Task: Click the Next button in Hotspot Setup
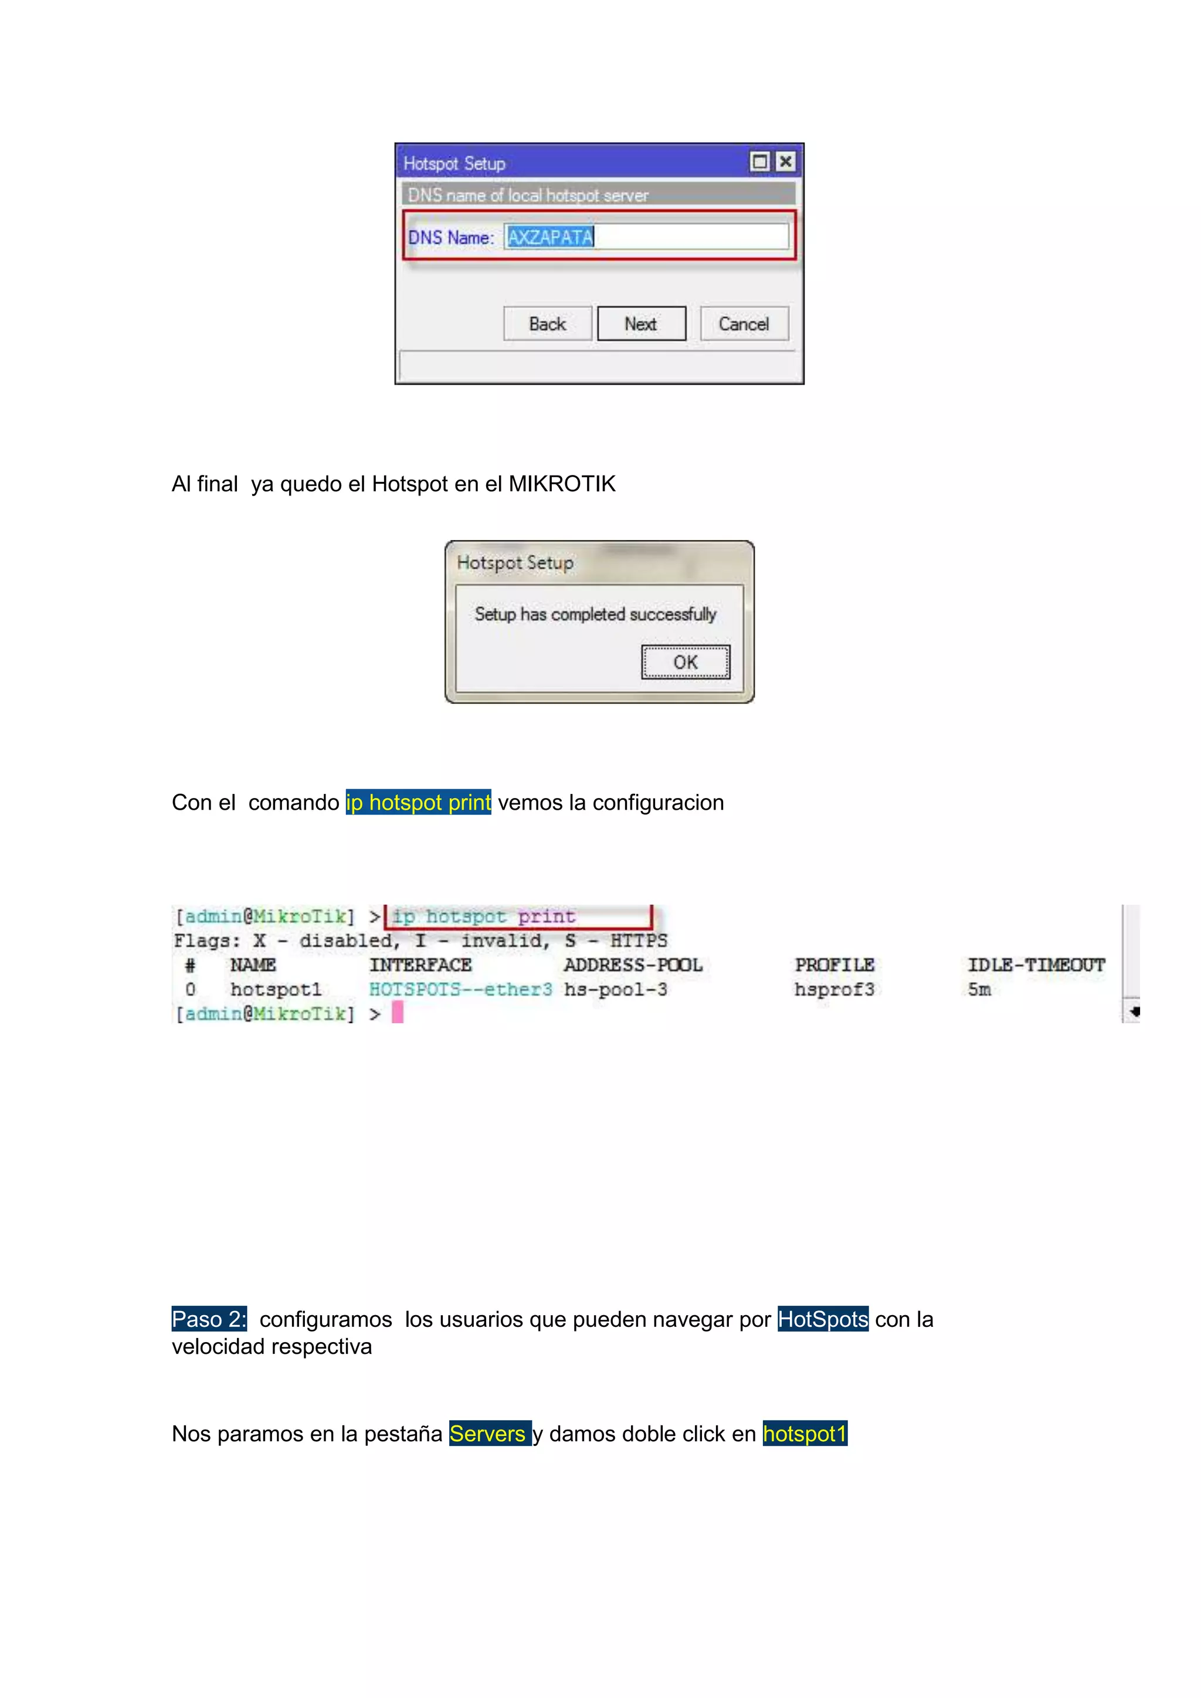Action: (641, 324)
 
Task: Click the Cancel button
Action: (744, 324)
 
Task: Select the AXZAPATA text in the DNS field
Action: (550, 237)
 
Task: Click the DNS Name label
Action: (450, 237)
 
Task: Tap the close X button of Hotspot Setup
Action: (785, 161)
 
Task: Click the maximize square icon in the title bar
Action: (759, 161)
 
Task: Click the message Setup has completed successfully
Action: (595, 614)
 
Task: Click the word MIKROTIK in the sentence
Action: (562, 484)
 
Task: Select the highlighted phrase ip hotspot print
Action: (419, 803)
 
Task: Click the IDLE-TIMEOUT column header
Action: (1036, 965)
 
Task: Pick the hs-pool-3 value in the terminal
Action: (615, 990)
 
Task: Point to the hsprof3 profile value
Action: (834, 990)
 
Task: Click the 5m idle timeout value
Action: (979, 990)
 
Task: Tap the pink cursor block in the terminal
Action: (397, 1013)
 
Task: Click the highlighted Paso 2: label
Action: (209, 1319)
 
